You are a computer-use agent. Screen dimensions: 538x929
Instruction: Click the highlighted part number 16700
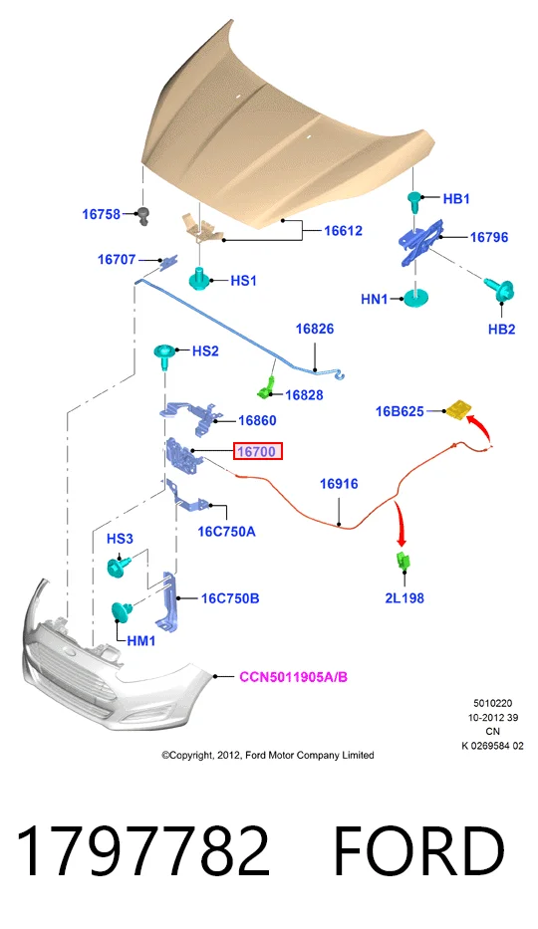257,451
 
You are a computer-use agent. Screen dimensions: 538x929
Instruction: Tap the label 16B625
400,411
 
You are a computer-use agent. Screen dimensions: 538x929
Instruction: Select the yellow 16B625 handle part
458,409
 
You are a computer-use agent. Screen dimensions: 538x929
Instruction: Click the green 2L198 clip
403,560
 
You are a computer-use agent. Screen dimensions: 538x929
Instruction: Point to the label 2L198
404,597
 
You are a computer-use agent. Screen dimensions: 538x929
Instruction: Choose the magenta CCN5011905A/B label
293,677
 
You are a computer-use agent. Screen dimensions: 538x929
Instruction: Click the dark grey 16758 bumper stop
143,216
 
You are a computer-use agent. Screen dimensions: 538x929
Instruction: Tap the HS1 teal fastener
201,279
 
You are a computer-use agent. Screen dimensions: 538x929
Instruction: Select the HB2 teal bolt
501,291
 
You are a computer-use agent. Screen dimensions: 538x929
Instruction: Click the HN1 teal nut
417,298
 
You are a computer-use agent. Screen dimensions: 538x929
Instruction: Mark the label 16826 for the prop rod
315,329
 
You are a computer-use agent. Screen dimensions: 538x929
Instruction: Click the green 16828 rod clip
266,388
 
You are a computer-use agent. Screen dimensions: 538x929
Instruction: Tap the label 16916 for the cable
339,484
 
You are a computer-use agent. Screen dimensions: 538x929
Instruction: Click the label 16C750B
230,598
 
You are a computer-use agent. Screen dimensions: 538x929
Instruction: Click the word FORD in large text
419,850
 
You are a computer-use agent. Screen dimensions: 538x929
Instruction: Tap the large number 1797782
144,850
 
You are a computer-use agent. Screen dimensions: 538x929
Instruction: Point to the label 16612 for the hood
343,230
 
